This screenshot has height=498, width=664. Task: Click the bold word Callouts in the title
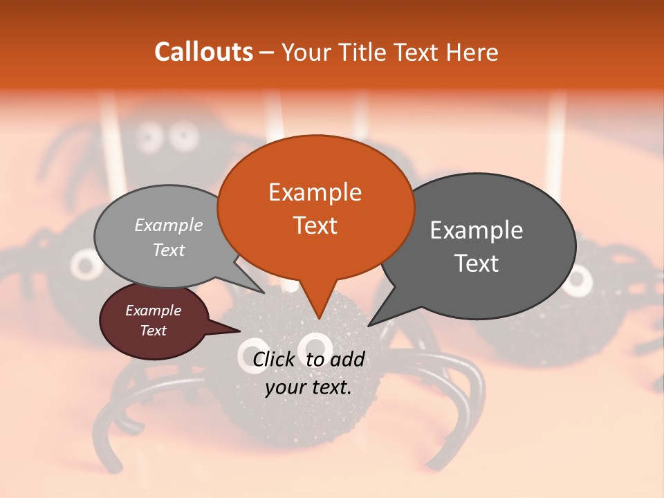[203, 52]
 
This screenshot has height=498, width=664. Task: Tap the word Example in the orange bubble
[315, 192]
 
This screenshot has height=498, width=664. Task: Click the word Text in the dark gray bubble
[477, 264]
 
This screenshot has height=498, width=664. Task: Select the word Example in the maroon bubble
[153, 311]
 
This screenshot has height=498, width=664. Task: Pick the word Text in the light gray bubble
[169, 250]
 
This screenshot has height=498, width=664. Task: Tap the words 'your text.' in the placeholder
[308, 387]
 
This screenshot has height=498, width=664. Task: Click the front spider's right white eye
[317, 345]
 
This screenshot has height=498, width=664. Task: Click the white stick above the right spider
[556, 138]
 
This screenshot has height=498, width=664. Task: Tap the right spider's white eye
[578, 279]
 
